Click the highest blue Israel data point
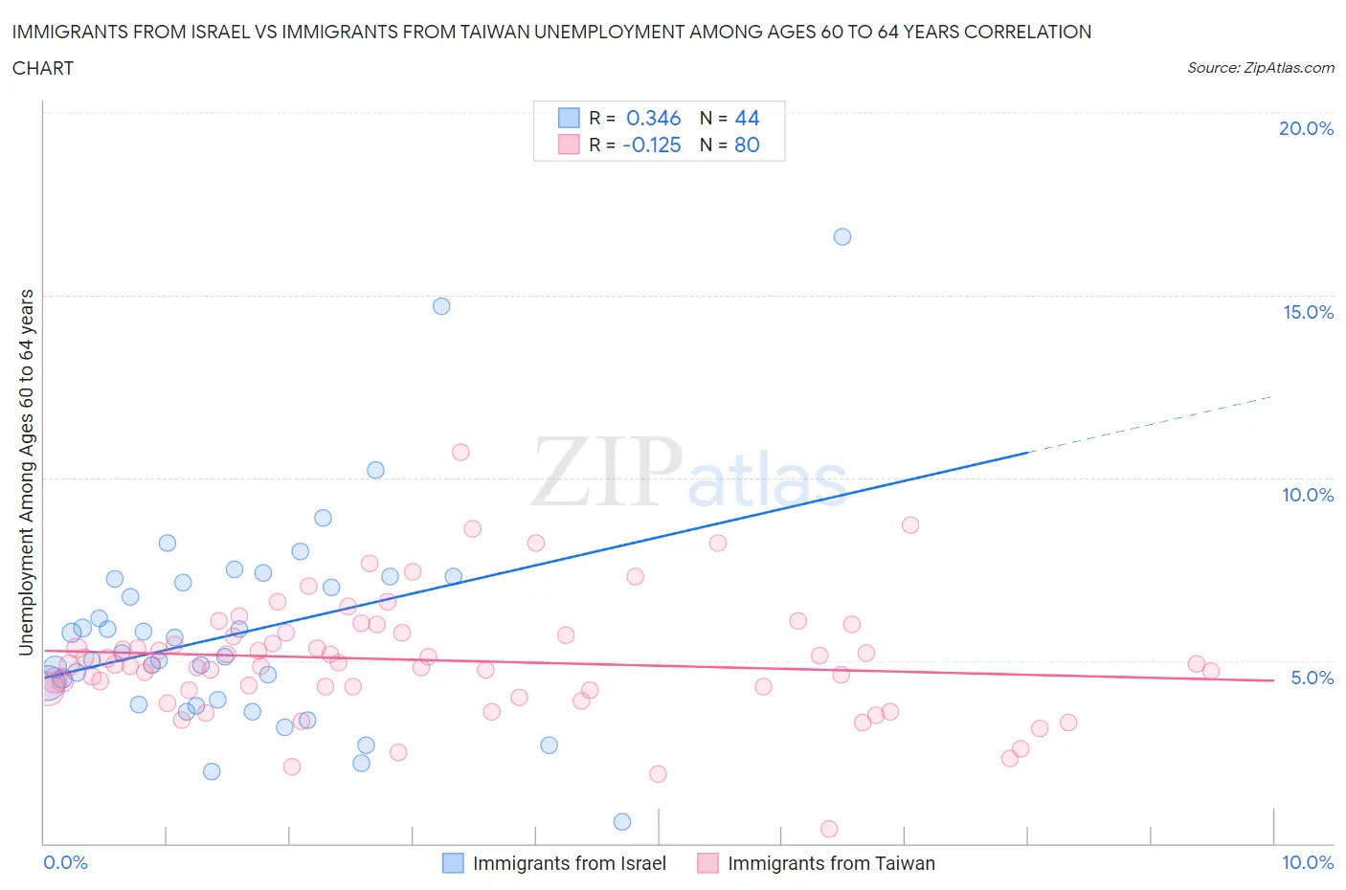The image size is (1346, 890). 842,236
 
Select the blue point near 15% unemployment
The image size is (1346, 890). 441,306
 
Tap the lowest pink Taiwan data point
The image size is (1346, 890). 829,829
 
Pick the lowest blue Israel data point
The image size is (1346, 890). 622,821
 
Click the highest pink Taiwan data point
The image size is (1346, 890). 460,452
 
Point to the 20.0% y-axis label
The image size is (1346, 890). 1306,128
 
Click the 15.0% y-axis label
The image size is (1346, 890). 1308,312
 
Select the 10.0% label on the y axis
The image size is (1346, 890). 1308,495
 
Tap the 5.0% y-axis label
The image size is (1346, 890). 1312,678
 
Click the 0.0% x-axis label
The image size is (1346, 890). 65,862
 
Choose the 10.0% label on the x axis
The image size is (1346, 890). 1308,862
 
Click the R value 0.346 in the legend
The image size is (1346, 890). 653,118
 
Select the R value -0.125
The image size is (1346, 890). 651,145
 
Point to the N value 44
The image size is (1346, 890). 747,118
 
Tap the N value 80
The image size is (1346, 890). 747,145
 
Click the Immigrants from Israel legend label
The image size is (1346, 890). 569,863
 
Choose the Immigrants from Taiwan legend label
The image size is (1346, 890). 831,863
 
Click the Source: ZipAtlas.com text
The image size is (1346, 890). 1260,67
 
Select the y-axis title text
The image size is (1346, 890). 27,472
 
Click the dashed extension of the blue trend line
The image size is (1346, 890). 1149,424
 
